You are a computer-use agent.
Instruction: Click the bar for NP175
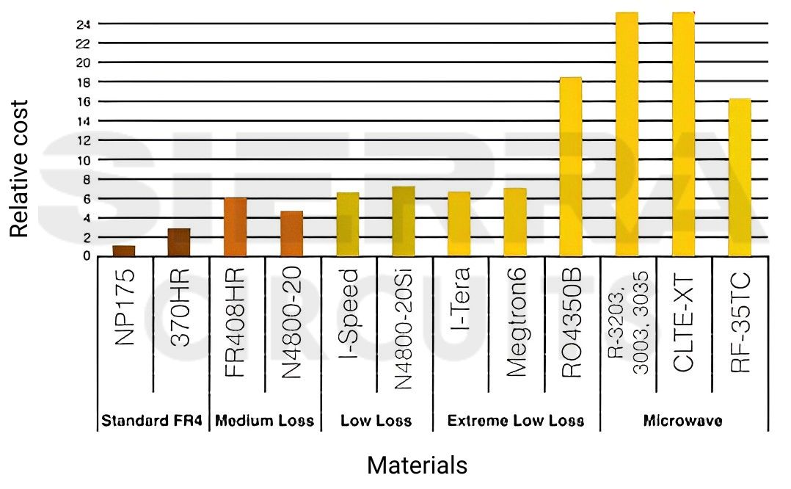coord(124,251)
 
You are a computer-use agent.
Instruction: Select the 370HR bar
coord(179,242)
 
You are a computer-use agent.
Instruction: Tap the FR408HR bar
coord(235,227)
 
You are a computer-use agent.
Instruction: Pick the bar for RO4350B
coord(570,167)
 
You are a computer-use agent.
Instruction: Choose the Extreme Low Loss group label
coord(516,421)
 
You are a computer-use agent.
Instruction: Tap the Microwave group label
coord(683,421)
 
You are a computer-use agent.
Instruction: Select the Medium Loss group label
coord(264,421)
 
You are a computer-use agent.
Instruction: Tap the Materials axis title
coord(416,465)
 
